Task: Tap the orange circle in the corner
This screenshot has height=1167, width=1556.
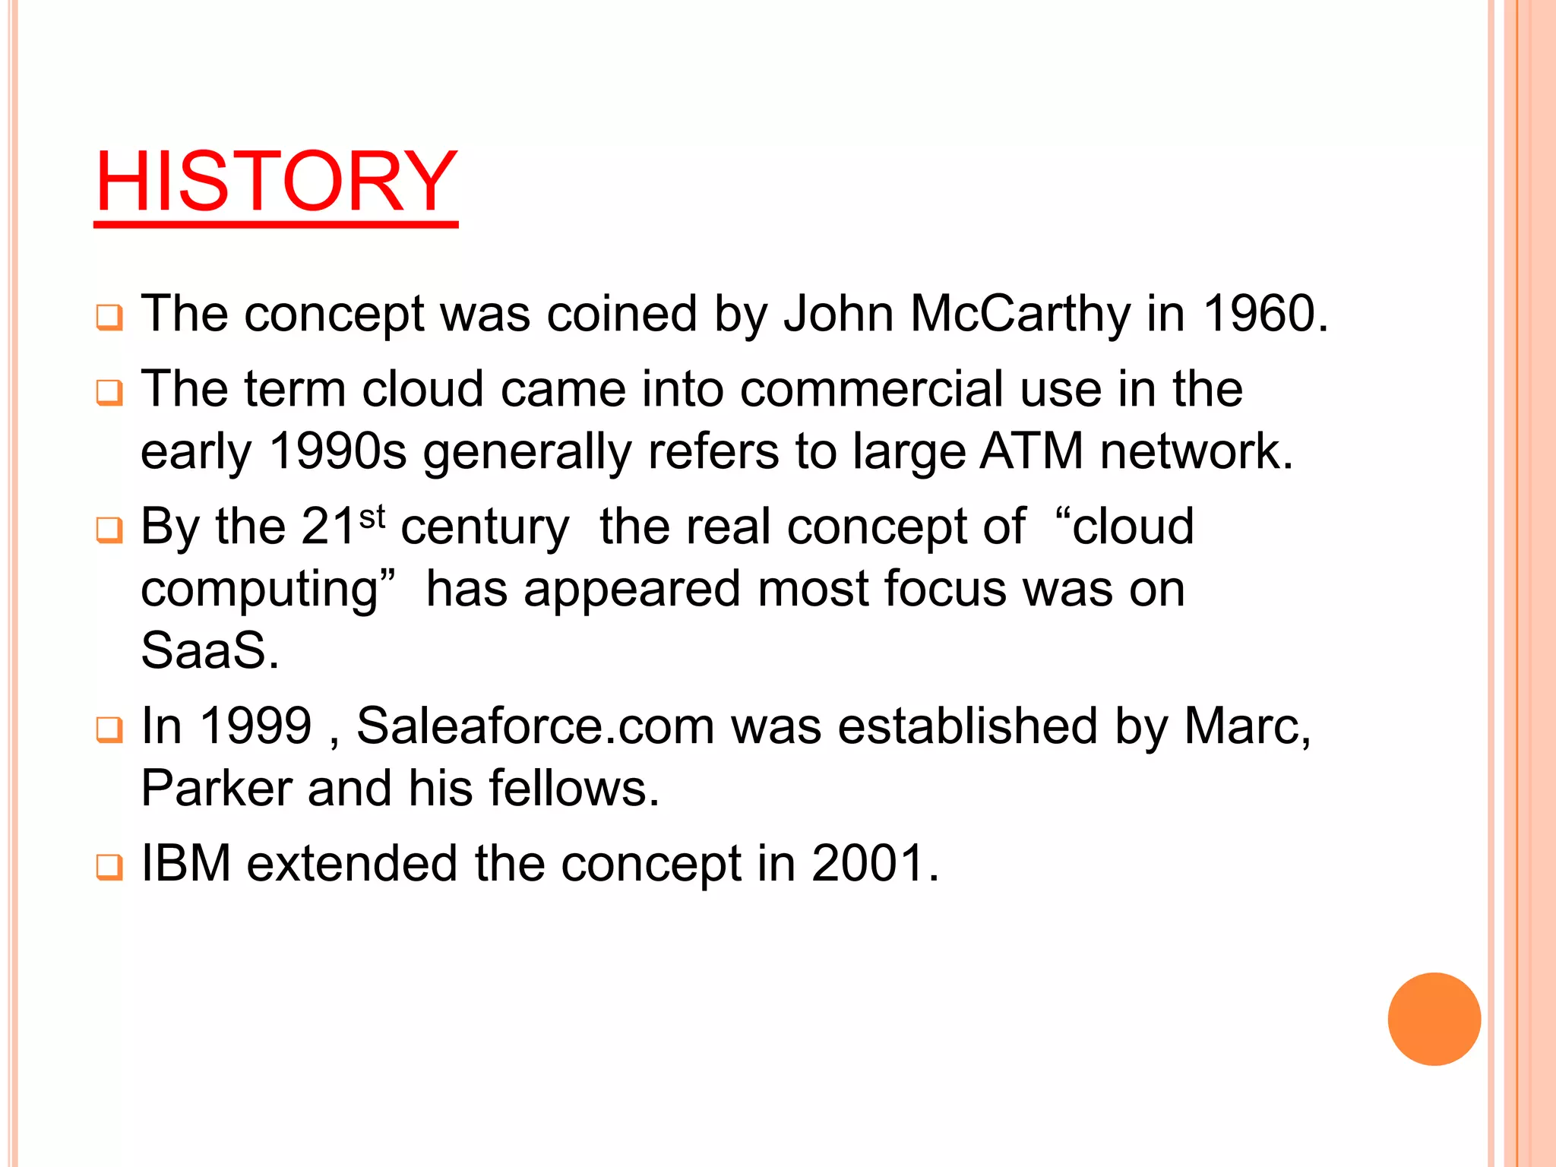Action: click(x=1434, y=1019)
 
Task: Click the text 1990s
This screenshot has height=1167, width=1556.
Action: click(x=338, y=451)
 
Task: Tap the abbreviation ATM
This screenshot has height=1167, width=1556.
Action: click(x=1031, y=451)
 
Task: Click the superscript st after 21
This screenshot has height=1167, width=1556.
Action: click(x=372, y=517)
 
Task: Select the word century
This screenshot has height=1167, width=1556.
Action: click(x=485, y=527)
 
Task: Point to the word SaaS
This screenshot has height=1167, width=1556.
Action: click(x=210, y=650)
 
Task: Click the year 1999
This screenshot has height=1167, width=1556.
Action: click(x=256, y=726)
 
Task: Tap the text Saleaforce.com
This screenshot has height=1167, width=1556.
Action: click(x=535, y=726)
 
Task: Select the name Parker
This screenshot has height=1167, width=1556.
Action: click(x=217, y=788)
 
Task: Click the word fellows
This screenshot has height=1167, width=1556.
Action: click(x=574, y=788)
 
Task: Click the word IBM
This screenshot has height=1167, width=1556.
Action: click(x=186, y=864)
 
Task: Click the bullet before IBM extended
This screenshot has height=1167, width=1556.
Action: click(x=109, y=867)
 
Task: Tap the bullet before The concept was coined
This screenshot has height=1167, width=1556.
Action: click(x=109, y=318)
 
